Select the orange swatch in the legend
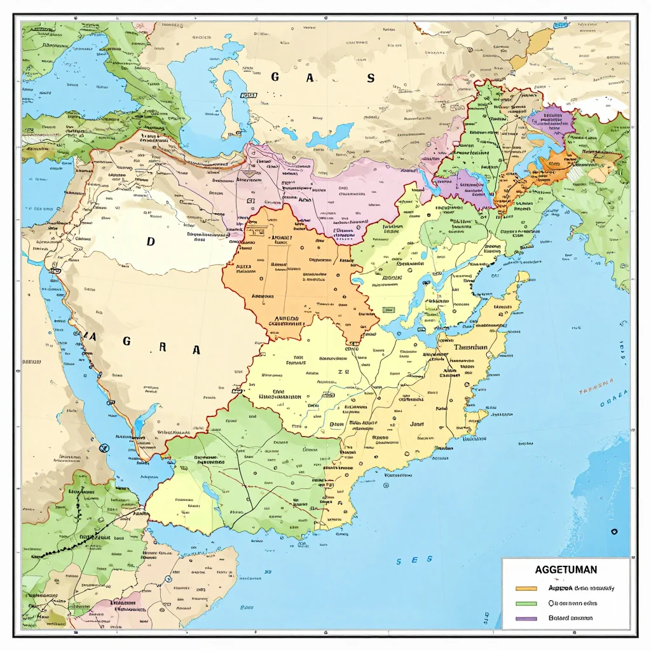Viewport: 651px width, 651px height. [527, 588]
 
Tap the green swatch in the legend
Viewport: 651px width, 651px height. [527, 603]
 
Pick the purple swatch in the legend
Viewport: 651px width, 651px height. [527, 618]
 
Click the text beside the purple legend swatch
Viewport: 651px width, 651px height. [570, 618]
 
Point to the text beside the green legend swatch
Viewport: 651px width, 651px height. [572, 603]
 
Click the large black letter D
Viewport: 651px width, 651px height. [151, 242]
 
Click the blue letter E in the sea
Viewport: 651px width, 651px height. [414, 560]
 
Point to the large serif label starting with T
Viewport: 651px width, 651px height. [470, 348]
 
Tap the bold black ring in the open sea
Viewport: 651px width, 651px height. [614, 531]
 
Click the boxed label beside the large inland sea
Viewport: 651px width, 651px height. [248, 95]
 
